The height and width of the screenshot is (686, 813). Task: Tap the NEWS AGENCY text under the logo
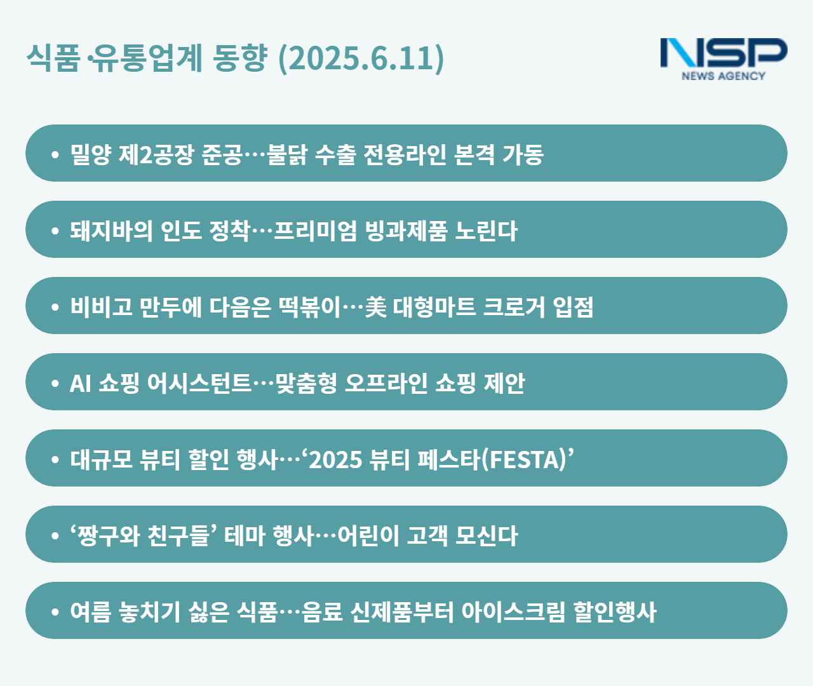pyautogui.click(x=723, y=76)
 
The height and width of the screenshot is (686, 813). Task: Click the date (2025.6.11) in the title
pyautogui.click(x=361, y=58)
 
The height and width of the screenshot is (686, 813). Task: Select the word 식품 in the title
pyautogui.click(x=53, y=58)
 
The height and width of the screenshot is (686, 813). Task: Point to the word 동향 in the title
pyautogui.click(x=240, y=58)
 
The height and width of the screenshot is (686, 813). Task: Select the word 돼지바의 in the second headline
pyautogui.click(x=111, y=231)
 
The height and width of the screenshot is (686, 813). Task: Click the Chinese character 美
pyautogui.click(x=376, y=307)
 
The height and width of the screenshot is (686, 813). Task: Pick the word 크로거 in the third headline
pyautogui.click(x=514, y=307)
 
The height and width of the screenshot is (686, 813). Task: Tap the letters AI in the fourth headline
pyautogui.click(x=80, y=384)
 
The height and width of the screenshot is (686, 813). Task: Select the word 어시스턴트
pyautogui.click(x=199, y=383)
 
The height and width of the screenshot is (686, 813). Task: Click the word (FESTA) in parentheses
pyautogui.click(x=524, y=460)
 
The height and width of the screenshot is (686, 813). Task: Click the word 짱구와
pyautogui.click(x=108, y=535)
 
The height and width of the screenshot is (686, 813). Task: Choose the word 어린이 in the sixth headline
pyautogui.click(x=368, y=535)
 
